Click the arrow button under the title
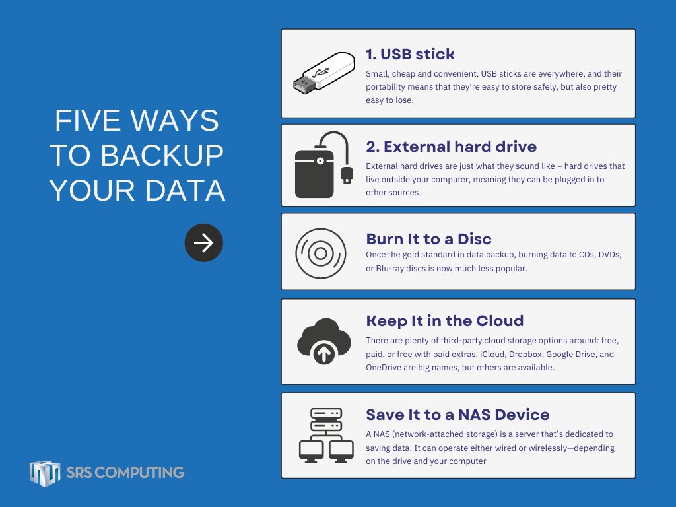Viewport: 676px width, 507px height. (203, 243)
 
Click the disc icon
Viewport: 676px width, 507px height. (320, 253)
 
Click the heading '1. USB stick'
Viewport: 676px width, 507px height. (410, 53)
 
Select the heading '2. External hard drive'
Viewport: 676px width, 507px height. (451, 146)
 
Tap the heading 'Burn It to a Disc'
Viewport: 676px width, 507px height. (428, 238)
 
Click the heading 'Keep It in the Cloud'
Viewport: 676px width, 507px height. (444, 321)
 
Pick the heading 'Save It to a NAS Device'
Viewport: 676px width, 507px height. (457, 415)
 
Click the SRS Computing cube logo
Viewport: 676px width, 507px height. (45, 473)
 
